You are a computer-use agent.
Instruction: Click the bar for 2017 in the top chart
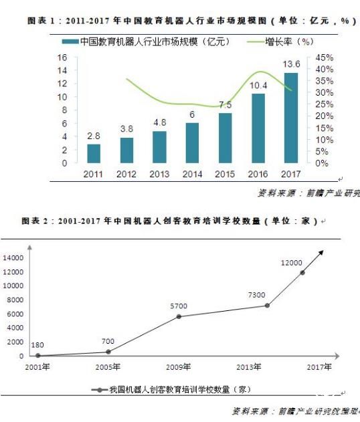[x=290, y=118]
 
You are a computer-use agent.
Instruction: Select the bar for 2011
[x=94, y=153]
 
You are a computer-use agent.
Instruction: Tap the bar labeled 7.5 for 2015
[x=226, y=138]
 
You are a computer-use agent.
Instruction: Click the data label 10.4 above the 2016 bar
[x=258, y=85]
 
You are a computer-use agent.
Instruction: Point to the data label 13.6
[x=290, y=64]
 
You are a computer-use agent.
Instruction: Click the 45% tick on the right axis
[x=324, y=58]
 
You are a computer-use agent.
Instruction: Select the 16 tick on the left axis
[x=62, y=58]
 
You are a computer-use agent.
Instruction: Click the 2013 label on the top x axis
[x=160, y=174]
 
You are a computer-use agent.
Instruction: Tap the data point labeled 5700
[x=179, y=316]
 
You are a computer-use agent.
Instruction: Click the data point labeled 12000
[x=302, y=272]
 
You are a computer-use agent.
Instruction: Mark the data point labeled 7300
[x=267, y=306]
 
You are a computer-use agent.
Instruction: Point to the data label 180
[x=37, y=346]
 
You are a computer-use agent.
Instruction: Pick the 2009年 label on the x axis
[x=179, y=367]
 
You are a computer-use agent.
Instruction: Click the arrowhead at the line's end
[x=321, y=253]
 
